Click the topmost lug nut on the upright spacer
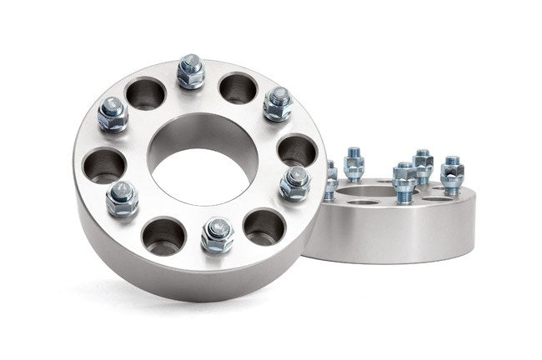click(191, 73)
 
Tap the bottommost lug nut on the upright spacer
click(217, 235)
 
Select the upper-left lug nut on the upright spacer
click(113, 113)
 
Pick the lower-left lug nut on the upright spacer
click(123, 198)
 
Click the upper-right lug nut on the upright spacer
click(278, 103)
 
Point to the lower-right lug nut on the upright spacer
click(294, 182)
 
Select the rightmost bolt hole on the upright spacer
click(296, 150)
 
